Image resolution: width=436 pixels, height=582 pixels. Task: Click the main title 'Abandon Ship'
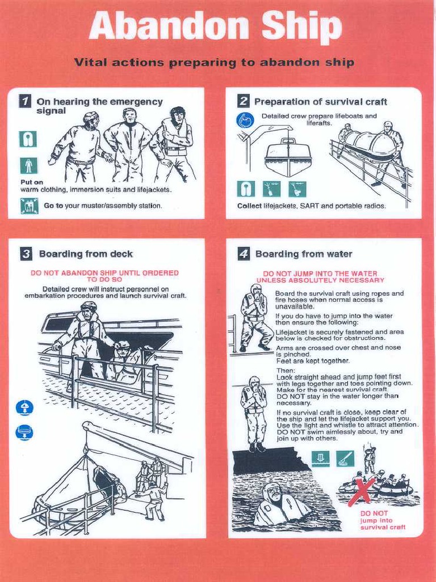point(215,27)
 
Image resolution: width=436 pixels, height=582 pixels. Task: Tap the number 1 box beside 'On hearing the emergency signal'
point(24,102)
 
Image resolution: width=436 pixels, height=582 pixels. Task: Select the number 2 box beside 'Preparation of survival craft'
point(243,101)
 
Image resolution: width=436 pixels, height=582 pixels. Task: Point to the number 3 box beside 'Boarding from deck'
point(26,254)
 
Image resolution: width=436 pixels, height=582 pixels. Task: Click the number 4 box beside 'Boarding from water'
point(244,254)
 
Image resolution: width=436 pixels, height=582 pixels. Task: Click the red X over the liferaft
point(362,491)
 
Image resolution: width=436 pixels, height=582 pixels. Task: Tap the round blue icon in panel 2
point(245,120)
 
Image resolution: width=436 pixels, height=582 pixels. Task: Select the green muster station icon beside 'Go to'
point(28,206)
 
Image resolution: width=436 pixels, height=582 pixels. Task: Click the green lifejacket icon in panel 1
point(28,139)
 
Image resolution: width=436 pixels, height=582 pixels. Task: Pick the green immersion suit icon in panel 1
point(28,165)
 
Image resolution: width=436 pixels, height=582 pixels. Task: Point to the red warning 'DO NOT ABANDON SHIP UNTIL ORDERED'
point(104,276)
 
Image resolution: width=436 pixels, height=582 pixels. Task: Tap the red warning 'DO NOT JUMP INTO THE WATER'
point(320,277)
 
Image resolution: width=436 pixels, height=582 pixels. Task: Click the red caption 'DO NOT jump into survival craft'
point(383,520)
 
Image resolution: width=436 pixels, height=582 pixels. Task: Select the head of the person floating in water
point(273,492)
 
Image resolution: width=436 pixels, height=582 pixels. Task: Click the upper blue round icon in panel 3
point(24,407)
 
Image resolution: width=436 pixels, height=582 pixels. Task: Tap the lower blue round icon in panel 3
point(24,433)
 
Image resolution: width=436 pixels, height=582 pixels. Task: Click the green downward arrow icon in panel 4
point(320,459)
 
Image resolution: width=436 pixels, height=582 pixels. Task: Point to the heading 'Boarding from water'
point(304,254)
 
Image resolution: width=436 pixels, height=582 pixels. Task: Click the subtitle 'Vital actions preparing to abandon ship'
point(214,63)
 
